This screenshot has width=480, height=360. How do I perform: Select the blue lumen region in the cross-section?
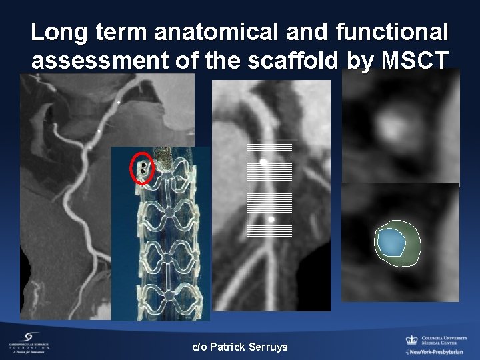389,242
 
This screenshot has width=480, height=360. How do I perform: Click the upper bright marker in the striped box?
264,162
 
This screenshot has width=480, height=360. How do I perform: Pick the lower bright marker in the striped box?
272,219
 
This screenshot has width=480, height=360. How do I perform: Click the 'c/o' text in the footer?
199,347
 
